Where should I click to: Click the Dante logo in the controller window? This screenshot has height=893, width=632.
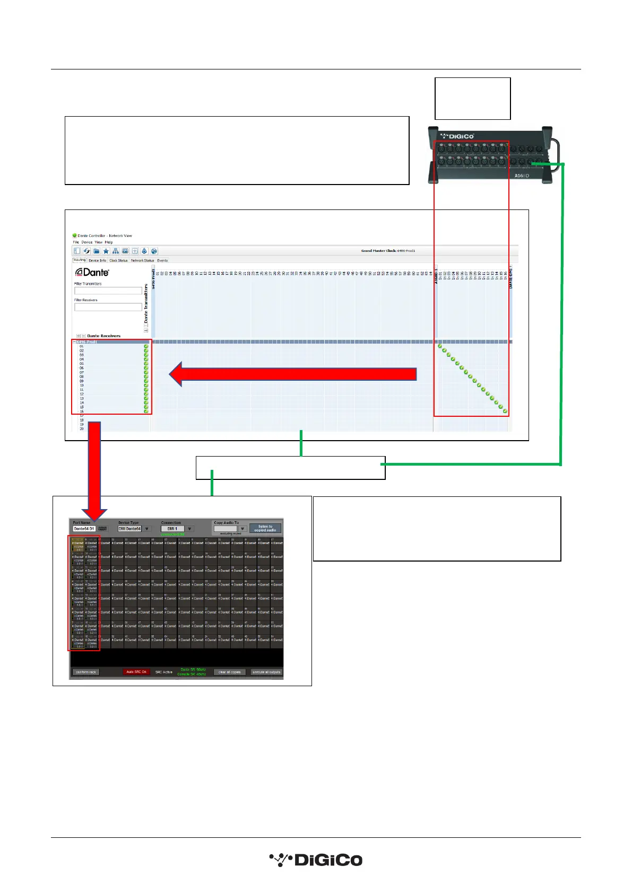(92, 272)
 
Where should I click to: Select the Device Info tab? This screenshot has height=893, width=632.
(97, 260)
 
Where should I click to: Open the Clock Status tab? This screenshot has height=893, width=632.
(118, 260)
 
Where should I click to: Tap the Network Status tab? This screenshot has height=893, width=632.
(142, 260)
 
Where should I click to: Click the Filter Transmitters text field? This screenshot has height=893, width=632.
(108, 291)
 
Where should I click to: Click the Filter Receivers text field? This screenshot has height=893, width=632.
(108, 307)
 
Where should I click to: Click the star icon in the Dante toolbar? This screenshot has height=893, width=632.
(106, 251)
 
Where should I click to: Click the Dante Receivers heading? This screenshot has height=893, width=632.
(103, 336)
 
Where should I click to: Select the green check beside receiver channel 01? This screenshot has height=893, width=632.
(146, 346)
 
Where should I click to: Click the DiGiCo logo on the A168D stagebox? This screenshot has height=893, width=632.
(457, 136)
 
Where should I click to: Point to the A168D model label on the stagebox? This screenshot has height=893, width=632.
(522, 176)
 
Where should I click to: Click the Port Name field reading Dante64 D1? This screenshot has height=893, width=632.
(84, 529)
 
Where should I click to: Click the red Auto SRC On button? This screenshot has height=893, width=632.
(136, 672)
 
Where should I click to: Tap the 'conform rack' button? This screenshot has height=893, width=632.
(86, 672)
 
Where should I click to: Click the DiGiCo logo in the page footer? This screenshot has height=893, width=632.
(316, 860)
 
